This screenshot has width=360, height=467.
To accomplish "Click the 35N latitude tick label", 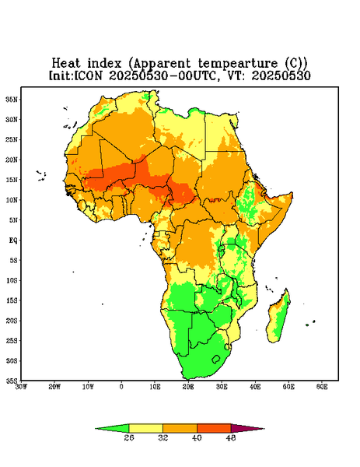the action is tap(12, 99).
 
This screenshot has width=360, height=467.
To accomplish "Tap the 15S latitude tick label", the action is tap(12, 300).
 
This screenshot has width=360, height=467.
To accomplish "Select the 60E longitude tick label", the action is tap(322, 387).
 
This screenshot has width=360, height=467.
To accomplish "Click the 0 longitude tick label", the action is tap(121, 387).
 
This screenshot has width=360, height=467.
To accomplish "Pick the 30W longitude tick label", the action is tap(21, 387).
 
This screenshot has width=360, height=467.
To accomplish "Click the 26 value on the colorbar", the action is tap(129, 437).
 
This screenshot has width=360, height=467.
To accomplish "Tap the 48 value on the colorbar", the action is tap(231, 437).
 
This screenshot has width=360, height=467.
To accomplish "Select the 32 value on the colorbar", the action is tap(163, 437).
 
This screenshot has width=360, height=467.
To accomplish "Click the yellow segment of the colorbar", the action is tap(145, 428).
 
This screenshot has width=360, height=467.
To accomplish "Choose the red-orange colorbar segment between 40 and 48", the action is tap(214, 428).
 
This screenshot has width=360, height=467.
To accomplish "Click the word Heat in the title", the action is tap(66, 64).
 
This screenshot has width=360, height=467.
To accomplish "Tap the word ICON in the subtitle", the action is tap(88, 75).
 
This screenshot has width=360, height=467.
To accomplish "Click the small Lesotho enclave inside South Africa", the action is tap(215, 359).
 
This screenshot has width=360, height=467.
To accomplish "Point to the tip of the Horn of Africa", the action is tap(292, 194).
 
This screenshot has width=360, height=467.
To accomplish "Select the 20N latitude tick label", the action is tap(12, 160).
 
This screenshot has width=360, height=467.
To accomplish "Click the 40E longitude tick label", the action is tap(255, 387).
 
